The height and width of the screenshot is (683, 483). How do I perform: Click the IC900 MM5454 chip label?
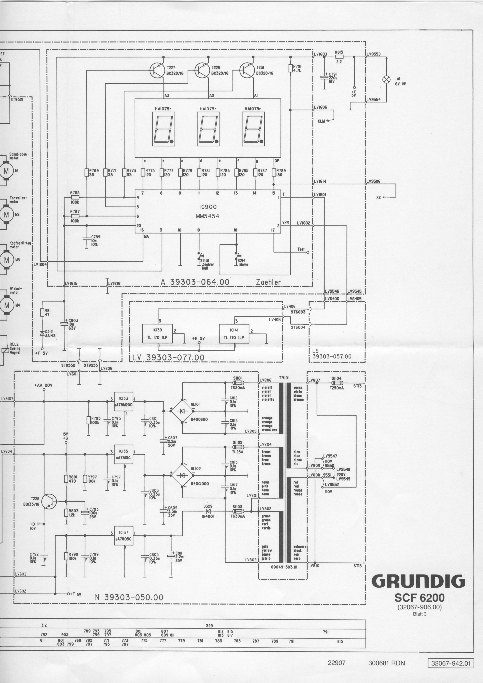(x=208, y=212)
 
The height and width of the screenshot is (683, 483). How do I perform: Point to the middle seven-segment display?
(x=208, y=129)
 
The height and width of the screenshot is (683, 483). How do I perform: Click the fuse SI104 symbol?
(x=337, y=383)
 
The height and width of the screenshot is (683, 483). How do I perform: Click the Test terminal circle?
(x=308, y=252)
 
